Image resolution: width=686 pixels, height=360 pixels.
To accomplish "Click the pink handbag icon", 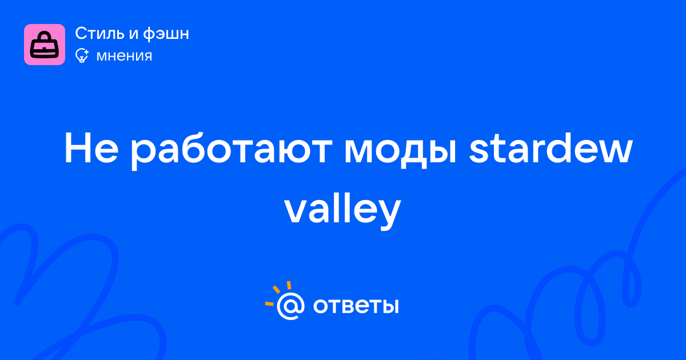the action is coord(45,45).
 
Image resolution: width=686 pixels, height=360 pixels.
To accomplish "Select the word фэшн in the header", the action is coord(166,34).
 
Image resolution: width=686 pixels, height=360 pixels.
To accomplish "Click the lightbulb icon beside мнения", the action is coord(82,55).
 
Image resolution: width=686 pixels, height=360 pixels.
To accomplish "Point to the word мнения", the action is coord(124,56).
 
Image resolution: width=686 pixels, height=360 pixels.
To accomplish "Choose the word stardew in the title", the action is coord(551,148).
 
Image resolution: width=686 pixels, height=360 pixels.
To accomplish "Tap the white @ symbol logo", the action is coord(290,306).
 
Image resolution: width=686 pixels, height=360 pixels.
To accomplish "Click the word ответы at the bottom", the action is coord(356,306).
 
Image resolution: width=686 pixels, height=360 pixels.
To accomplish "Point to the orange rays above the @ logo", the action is coord(278,293).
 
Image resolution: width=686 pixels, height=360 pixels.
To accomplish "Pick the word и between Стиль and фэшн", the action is coord(133,35).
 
